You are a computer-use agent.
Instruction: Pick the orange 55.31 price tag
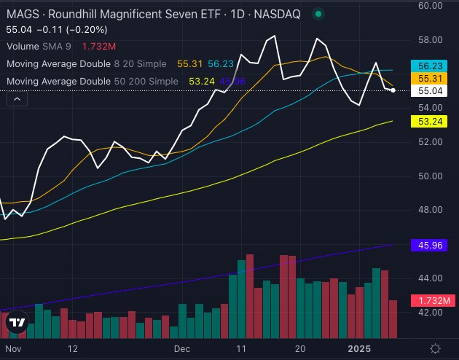click(x=433, y=77)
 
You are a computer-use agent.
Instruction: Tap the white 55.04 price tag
click(x=433, y=90)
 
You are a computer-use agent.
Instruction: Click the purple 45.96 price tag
click(x=433, y=247)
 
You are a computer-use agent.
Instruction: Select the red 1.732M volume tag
click(x=433, y=300)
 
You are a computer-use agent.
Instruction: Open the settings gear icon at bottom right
click(x=435, y=348)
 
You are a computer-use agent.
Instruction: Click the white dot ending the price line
click(x=393, y=90)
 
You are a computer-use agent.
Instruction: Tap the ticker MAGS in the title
click(x=18, y=13)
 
